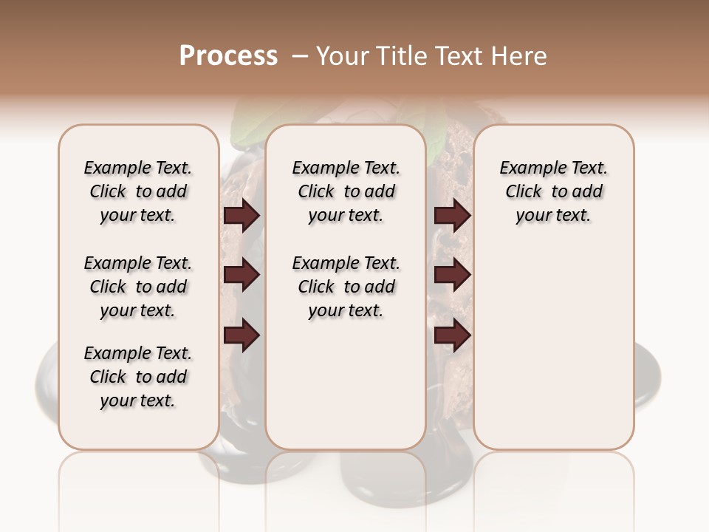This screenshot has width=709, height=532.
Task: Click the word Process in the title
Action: point(228,56)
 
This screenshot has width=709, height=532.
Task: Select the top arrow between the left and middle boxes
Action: point(242,215)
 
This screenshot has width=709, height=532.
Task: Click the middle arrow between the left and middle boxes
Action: point(242,275)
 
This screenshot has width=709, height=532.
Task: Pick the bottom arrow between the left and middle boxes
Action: point(242,335)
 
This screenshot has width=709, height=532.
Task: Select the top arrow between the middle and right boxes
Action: point(452,215)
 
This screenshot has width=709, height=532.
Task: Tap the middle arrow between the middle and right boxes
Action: point(452,275)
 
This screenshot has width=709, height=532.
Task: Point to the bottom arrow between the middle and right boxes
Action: point(452,335)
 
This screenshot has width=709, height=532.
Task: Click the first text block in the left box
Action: point(137,191)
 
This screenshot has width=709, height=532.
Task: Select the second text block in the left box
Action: point(137,287)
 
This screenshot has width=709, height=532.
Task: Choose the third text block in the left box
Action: point(137,377)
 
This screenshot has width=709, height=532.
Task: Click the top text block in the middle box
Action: point(346,191)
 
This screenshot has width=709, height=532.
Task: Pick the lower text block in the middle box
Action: point(346,287)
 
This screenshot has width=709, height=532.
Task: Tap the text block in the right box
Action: point(553,191)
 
